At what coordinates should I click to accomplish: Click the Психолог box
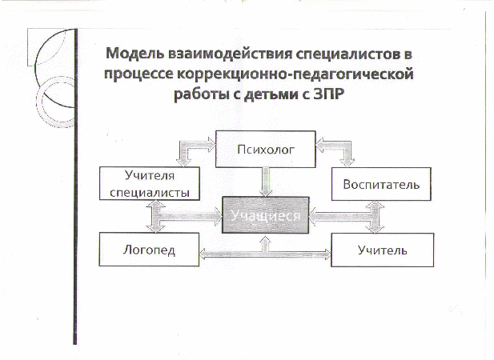tap(266, 149)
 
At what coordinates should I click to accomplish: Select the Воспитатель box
tap(381, 184)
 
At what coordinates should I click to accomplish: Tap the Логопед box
tap(149, 250)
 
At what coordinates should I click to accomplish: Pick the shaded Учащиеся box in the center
tap(266, 215)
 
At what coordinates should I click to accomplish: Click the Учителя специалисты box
tap(150, 183)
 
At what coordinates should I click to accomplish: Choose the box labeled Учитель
tap(382, 250)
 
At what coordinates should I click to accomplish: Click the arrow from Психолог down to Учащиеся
tap(266, 182)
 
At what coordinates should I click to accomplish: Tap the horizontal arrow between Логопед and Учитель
tap(265, 254)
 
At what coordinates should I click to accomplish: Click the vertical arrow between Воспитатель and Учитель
tap(375, 217)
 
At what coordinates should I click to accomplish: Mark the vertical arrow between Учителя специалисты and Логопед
tap(155, 217)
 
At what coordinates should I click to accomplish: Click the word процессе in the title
tap(139, 75)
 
